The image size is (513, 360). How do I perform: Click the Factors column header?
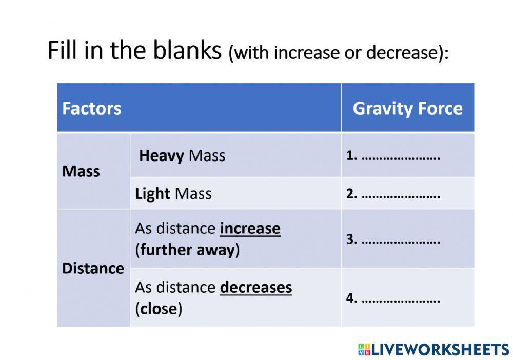pos(91,109)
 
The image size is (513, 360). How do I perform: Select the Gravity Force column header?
pos(407,109)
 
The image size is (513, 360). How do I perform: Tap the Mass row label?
pos(81,171)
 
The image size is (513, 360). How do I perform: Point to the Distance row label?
pos(93,268)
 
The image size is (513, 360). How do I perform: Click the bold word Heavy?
pos(161,155)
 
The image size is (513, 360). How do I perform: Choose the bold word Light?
pos(152,193)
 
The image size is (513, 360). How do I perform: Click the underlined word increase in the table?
pos(250,228)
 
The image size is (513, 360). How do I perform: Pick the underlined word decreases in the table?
pos(255,287)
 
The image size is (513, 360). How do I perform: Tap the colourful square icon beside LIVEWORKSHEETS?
pos(364,350)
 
